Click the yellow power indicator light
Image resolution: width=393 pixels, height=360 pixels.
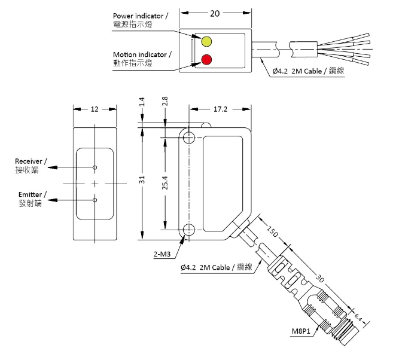(x=206, y=41)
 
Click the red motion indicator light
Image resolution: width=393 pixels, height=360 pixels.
(x=206, y=59)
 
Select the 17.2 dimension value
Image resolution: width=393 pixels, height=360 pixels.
(x=220, y=109)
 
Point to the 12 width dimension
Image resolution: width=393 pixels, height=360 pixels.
(x=95, y=109)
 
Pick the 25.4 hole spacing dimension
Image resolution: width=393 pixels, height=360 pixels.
(x=165, y=182)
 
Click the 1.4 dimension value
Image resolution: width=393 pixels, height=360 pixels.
(x=142, y=103)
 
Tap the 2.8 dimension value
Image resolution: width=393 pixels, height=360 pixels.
(x=165, y=103)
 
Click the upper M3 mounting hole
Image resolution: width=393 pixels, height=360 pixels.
(x=190, y=138)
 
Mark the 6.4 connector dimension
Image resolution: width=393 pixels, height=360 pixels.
(x=360, y=315)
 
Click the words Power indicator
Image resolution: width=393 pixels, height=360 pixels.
(x=142, y=16)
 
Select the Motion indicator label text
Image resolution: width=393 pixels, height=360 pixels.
(x=142, y=54)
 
